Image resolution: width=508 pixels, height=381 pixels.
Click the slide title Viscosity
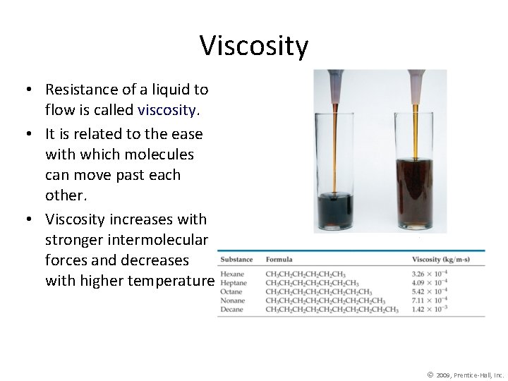pos(254,46)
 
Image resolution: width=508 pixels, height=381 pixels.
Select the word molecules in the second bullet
pos(162,154)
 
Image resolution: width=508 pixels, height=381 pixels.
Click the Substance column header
pos(236,260)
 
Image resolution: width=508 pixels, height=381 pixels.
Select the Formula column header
pos(279,260)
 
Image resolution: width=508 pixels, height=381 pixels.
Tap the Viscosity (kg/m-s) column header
pos(440,260)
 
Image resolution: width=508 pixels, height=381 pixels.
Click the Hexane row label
pos(232,274)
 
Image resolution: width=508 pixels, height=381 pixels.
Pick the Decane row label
pos(232,310)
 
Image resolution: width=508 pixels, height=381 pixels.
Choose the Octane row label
pos(232,291)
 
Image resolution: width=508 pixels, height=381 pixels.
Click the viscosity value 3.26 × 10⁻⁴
pos(429,274)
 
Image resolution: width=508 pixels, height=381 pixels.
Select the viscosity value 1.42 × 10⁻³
pos(429,310)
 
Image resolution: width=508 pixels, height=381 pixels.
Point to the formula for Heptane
pos(312,283)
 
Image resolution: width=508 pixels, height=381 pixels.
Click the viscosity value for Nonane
pos(429,301)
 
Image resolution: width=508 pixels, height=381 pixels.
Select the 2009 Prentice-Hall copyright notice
pos(465,375)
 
